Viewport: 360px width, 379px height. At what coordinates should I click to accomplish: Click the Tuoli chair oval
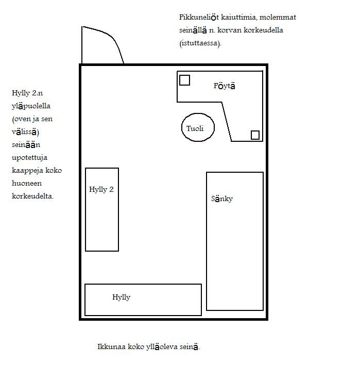click(x=182, y=127)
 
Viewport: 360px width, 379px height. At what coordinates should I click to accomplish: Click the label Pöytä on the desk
click(x=225, y=86)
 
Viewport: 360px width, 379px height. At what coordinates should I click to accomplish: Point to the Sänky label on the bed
click(x=222, y=199)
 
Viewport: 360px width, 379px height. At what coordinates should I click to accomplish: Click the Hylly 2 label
click(x=101, y=189)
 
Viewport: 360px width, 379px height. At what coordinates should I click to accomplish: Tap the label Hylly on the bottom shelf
click(x=121, y=297)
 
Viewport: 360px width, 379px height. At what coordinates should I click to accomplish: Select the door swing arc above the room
click(x=113, y=39)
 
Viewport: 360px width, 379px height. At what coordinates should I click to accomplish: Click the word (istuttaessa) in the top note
click(x=200, y=43)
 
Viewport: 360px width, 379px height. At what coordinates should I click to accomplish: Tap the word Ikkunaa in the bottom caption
click(x=112, y=347)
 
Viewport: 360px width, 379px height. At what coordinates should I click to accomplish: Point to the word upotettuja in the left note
click(x=29, y=158)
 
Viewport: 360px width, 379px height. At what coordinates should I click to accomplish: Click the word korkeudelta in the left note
click(x=32, y=196)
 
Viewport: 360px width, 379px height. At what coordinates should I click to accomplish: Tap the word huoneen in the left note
click(x=27, y=183)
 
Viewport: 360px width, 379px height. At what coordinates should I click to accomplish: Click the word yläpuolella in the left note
click(x=31, y=106)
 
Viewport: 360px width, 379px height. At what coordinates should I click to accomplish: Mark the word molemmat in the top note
click(x=278, y=18)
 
